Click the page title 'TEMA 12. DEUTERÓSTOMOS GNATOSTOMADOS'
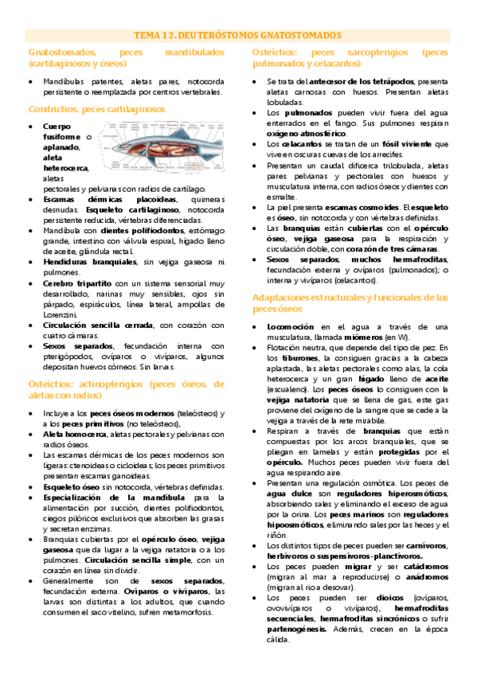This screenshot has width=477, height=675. point(238,36)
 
